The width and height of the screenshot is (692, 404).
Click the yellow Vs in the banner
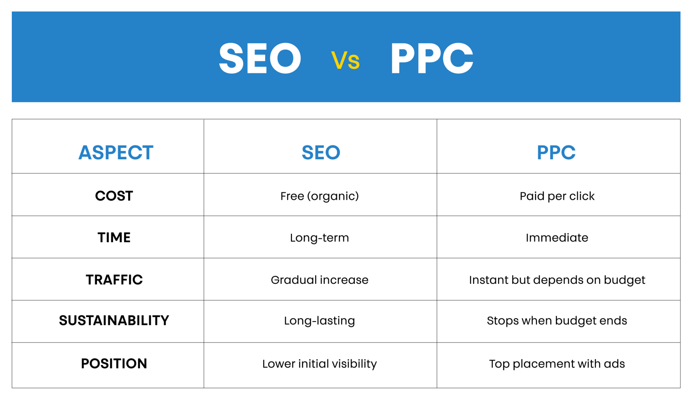[x=345, y=60]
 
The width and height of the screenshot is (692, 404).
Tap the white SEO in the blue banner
[x=260, y=59]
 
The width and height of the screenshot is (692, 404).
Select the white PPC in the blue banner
[x=432, y=59]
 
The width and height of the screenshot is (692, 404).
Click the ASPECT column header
[x=116, y=152]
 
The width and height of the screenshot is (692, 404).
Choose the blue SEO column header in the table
[x=321, y=152]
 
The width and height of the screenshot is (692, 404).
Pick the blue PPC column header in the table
[x=556, y=152]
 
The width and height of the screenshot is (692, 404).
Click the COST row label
[x=114, y=196]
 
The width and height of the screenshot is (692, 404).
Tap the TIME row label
[x=114, y=238]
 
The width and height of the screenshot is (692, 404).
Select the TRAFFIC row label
[x=114, y=280]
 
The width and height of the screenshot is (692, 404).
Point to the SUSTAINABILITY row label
[x=114, y=320]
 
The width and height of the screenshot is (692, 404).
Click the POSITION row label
[x=114, y=363]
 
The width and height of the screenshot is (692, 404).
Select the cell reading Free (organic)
[x=320, y=196]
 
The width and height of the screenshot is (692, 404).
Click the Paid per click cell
[x=557, y=196]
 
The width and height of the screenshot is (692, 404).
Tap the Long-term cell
[x=320, y=238]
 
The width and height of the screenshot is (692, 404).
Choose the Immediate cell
[x=557, y=238]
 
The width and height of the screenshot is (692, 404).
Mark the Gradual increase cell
[x=320, y=280]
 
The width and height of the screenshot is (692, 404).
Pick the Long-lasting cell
[x=320, y=321]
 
